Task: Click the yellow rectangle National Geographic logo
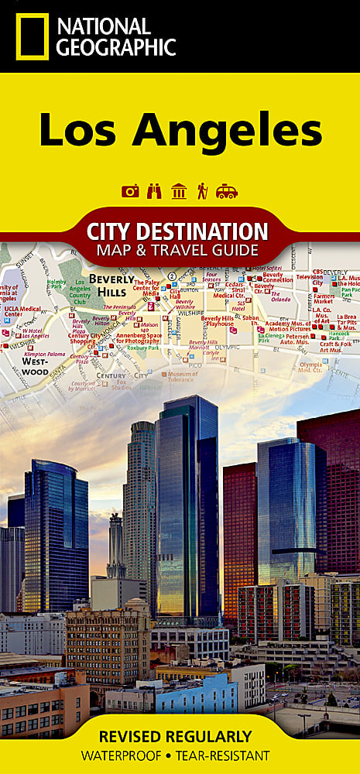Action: coord(32,36)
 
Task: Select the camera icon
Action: coord(131,191)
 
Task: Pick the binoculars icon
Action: coord(155,191)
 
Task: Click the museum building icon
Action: coord(179,191)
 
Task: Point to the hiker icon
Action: coord(202,191)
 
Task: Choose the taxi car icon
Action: coord(227,191)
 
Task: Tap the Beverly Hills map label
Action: coord(113,285)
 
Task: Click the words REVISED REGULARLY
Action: coord(180,735)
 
